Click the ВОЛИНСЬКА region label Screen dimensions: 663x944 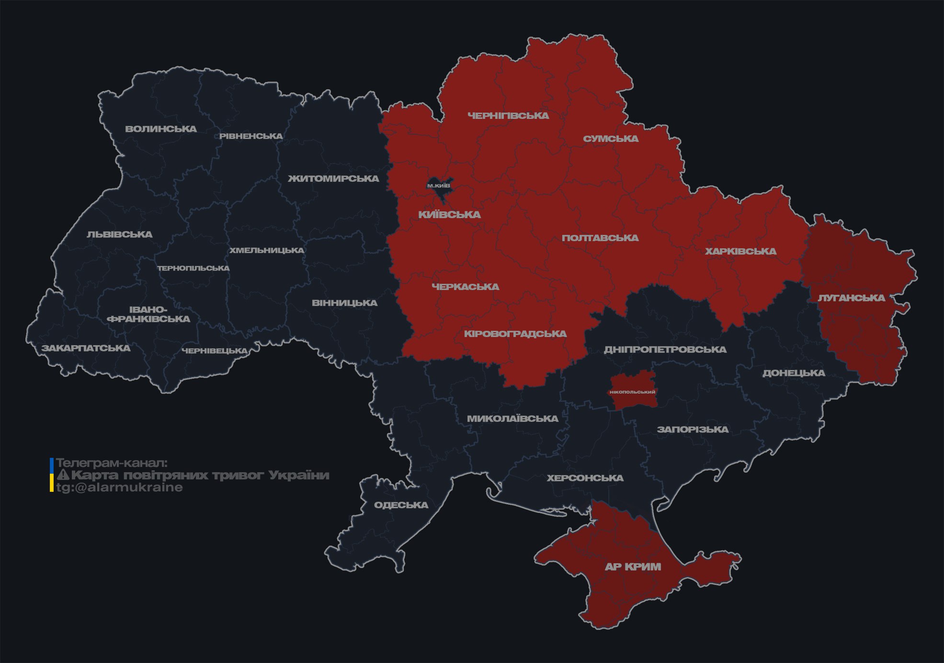coord(161,129)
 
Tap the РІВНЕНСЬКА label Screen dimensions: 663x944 coord(251,136)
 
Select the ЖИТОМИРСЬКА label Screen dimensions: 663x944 coord(333,179)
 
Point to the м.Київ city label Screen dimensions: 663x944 coord(439,186)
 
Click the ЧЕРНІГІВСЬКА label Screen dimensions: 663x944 coord(508,116)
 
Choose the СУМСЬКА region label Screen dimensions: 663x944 coord(611,139)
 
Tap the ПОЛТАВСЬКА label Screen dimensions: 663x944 coord(600,238)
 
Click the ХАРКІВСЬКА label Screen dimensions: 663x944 coord(740,251)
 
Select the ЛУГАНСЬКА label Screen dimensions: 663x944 coord(851,298)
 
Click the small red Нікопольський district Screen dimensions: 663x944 coord(632,392)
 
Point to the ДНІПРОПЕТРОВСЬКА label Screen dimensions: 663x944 coord(665,349)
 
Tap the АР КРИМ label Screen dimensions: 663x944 coord(633,567)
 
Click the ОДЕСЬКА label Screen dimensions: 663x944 coord(401,505)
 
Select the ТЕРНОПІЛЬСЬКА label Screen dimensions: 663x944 coord(193,268)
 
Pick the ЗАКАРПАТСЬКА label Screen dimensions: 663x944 coord(86,348)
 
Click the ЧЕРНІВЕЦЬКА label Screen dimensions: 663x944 coord(215,351)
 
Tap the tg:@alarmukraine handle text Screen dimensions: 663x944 coord(119,488)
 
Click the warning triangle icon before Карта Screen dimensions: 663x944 coord(63,475)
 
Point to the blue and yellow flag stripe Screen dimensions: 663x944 coord(52,475)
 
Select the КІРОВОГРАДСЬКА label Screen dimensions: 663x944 coord(515,334)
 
